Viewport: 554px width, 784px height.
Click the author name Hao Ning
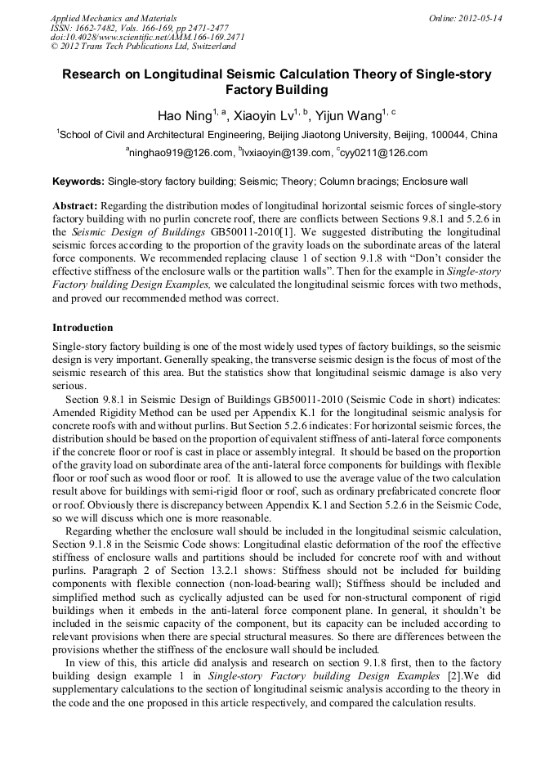click(x=185, y=115)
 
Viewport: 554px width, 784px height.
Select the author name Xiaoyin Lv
click(x=261, y=115)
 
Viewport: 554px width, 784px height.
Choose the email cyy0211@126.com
click(x=384, y=153)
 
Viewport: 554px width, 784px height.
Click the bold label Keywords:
click(x=78, y=181)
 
